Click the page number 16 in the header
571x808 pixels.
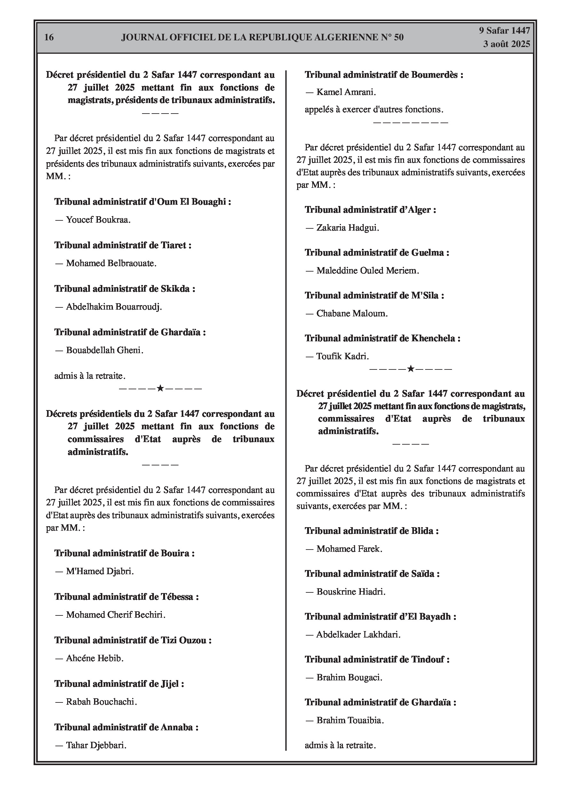click(49, 37)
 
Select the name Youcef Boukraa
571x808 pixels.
click(98, 220)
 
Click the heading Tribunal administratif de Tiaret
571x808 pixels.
click(123, 245)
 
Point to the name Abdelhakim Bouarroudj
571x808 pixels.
click(114, 307)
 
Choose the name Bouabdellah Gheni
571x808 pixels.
click(105, 350)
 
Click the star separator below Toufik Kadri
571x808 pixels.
click(410, 369)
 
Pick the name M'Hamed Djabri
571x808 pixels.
click(99, 571)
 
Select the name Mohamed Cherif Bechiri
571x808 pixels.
click(115, 615)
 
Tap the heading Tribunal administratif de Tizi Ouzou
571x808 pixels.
click(133, 640)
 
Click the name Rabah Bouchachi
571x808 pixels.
click(101, 702)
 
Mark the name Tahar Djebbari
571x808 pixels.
click(96, 745)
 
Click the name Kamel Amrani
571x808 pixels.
click(346, 92)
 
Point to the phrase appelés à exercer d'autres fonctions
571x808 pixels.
click(374, 109)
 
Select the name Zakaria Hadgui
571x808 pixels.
click(347, 228)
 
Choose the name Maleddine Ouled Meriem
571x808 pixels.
click(368, 271)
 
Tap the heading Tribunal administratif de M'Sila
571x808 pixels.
click(374, 295)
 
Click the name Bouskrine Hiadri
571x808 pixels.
click(351, 591)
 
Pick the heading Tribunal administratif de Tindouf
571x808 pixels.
click(377, 659)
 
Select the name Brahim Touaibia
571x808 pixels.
click(350, 720)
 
